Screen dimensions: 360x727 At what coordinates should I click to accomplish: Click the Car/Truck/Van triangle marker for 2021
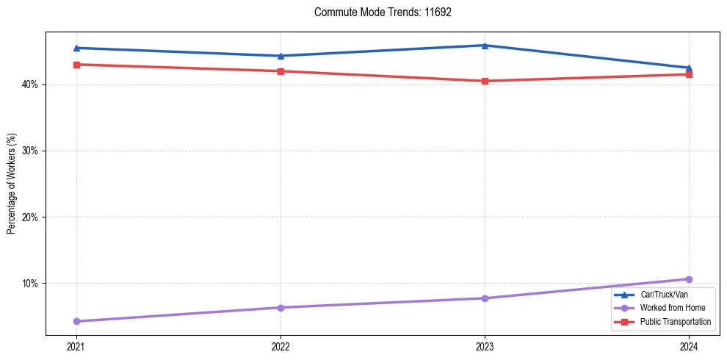coord(76,48)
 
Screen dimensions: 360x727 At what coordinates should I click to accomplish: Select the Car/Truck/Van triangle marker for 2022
coord(281,56)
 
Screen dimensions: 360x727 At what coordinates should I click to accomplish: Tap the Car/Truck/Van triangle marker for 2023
coord(485,46)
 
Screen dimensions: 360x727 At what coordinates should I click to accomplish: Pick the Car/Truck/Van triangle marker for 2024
coord(689,68)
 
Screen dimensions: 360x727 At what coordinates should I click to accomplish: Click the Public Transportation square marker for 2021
coord(76,65)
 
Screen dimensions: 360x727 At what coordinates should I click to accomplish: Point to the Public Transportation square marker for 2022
coord(281,71)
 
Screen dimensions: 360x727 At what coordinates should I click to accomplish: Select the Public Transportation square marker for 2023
coord(485,81)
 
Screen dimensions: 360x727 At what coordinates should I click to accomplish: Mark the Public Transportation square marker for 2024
coord(689,74)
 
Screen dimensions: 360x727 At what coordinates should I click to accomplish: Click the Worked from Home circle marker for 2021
coord(76,321)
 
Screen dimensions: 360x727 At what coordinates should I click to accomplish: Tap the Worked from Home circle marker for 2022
coord(281,307)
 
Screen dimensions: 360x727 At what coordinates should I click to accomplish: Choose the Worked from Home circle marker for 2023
coord(485,298)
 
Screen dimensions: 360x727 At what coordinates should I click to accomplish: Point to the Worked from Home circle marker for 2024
coord(689,279)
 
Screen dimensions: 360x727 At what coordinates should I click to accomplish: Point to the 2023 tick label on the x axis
coord(485,346)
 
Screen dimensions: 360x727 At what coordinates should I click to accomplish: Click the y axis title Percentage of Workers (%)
coord(11,184)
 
